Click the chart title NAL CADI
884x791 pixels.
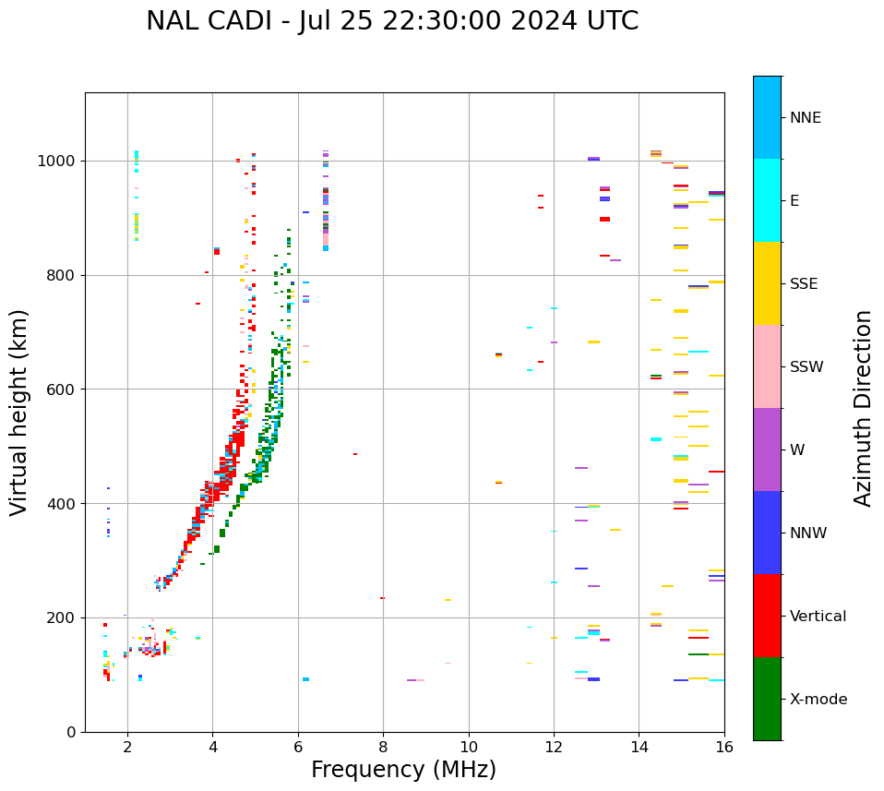pos(392,21)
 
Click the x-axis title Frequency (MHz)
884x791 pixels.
pos(403,770)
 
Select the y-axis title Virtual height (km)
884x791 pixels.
pos(19,413)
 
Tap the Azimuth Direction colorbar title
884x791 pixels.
pos(863,408)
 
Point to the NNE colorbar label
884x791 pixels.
pos(806,118)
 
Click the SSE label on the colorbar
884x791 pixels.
pos(804,284)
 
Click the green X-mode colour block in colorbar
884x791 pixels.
pos(767,699)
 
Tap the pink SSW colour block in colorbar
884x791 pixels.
pos(767,366)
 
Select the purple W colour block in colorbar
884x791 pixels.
pos(767,449)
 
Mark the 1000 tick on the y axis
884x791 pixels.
pos(60,162)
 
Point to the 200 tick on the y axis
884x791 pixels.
pos(64,617)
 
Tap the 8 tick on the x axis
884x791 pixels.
pos(383,747)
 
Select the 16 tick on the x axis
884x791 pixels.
pos(724,747)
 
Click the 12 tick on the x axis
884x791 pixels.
pos(554,747)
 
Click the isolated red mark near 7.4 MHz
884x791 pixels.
pos(355,454)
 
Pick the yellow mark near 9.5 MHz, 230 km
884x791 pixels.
pos(448,600)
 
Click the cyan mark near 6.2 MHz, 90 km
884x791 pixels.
pos(305,679)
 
